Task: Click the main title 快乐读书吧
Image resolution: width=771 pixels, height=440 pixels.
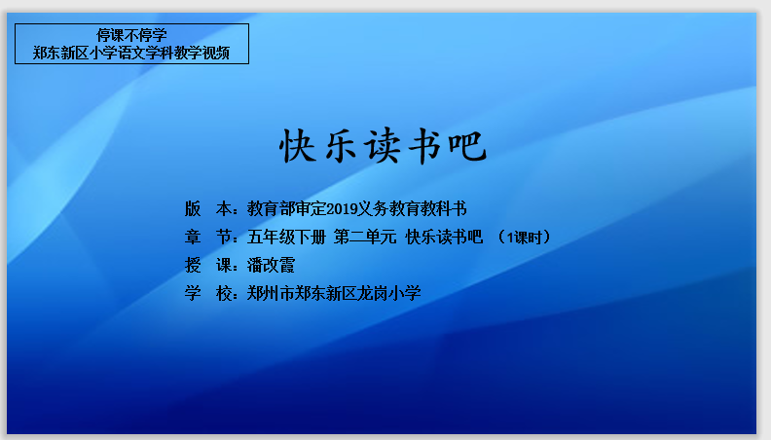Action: [x=383, y=146]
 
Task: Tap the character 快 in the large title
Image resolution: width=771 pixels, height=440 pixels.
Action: [x=298, y=146]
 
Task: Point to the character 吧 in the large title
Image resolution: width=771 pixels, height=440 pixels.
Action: [x=467, y=146]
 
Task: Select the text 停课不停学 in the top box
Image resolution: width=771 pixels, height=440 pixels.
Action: [x=131, y=35]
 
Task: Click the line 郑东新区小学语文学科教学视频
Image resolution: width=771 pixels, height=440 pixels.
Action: [x=131, y=53]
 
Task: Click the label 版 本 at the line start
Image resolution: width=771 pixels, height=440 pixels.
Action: [x=208, y=209]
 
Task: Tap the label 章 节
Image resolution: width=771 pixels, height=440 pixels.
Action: [x=208, y=237]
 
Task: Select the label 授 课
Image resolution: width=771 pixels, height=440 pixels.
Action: [x=208, y=265]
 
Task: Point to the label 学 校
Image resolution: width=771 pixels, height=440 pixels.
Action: [x=208, y=293]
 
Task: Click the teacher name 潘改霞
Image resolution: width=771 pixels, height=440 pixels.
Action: [x=271, y=265]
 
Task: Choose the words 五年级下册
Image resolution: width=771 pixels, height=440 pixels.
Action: [x=286, y=237]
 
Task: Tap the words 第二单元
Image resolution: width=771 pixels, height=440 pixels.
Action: [x=365, y=237]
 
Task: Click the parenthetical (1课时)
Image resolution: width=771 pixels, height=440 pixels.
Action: [x=524, y=237]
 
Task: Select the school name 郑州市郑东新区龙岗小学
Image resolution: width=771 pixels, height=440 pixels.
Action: [x=334, y=293]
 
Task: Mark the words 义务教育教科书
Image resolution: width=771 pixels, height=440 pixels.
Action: [x=412, y=209]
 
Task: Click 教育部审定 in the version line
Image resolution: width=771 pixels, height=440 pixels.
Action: [x=286, y=209]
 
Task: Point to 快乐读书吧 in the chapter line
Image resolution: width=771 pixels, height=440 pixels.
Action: [x=444, y=237]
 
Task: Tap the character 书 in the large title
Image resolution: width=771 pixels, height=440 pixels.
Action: [x=424, y=146]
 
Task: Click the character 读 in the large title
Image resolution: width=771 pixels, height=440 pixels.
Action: [x=382, y=146]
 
